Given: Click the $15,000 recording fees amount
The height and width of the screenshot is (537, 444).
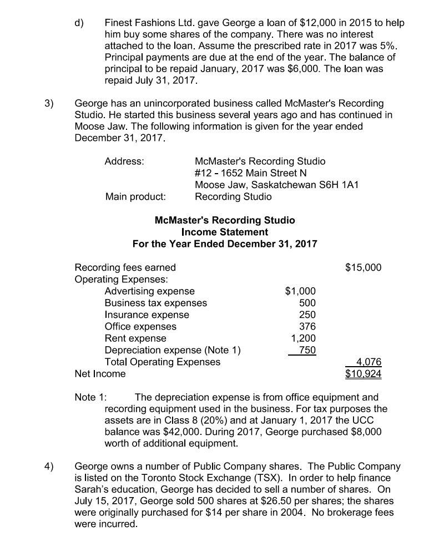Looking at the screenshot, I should click(x=363, y=267).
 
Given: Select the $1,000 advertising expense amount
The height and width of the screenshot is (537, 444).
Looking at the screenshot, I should click(x=300, y=291).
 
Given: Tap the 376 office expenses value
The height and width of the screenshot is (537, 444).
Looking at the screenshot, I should click(x=307, y=327).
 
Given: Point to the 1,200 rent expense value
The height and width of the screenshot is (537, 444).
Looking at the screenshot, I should click(x=304, y=338).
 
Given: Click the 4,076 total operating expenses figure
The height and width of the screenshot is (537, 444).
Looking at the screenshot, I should click(x=369, y=362).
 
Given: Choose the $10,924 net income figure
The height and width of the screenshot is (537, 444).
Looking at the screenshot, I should click(x=363, y=374).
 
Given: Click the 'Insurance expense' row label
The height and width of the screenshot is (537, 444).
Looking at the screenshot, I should click(x=147, y=315).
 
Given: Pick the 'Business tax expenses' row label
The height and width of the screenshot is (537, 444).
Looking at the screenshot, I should click(x=155, y=303).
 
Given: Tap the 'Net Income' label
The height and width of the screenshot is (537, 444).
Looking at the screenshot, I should click(x=100, y=374).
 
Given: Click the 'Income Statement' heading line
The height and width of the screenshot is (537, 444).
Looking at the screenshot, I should click(x=224, y=232).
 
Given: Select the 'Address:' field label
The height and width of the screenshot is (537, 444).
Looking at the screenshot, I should click(x=124, y=161).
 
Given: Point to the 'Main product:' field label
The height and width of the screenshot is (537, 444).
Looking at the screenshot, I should click(x=135, y=197).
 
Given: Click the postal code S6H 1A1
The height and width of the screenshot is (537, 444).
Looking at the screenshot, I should click(x=340, y=185).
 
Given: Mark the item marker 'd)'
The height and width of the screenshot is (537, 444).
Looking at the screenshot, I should click(x=80, y=23).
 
